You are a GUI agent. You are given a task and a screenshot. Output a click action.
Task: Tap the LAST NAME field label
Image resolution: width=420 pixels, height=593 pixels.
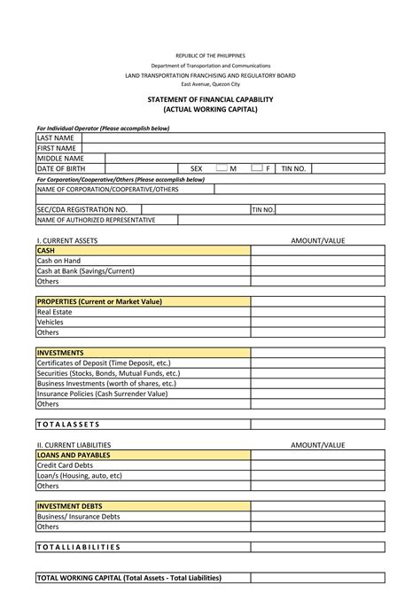[x=55, y=138]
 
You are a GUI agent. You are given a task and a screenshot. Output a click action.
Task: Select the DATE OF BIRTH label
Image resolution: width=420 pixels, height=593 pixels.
[x=61, y=168]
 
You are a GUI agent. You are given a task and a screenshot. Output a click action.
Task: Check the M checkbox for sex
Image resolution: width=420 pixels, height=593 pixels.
[x=222, y=168]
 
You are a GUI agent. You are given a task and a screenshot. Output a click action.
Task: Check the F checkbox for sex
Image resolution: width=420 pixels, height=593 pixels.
[x=256, y=168]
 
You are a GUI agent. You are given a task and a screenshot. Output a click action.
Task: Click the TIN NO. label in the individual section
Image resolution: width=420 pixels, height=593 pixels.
[x=293, y=168]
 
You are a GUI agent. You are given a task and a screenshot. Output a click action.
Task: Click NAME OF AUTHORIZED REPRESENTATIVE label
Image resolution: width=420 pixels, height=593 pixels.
[x=96, y=220]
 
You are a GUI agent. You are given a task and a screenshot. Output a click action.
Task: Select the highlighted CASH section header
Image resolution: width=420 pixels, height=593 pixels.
[x=46, y=251]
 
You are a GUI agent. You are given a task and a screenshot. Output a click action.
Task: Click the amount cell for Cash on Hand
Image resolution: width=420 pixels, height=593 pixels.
[x=317, y=261]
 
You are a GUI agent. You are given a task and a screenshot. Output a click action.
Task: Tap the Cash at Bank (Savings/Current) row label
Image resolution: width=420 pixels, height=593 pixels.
[x=85, y=271]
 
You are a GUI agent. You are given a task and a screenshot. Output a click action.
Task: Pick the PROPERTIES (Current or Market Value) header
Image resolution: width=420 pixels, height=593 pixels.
[x=99, y=301]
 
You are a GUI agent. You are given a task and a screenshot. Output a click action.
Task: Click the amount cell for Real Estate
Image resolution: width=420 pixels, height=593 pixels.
[x=317, y=312]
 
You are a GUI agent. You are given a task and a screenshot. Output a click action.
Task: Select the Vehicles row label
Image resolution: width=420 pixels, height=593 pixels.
[x=51, y=323]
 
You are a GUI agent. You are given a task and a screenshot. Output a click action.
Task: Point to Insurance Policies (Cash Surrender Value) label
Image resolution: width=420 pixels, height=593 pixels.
[x=102, y=394]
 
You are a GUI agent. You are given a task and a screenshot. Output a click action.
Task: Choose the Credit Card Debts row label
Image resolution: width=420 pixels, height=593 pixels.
[x=65, y=465]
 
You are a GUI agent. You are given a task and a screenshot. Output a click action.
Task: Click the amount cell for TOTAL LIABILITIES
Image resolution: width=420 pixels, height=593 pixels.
[x=317, y=547]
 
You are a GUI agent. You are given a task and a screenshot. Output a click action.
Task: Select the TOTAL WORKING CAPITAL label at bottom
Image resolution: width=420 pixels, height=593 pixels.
[x=128, y=578]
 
